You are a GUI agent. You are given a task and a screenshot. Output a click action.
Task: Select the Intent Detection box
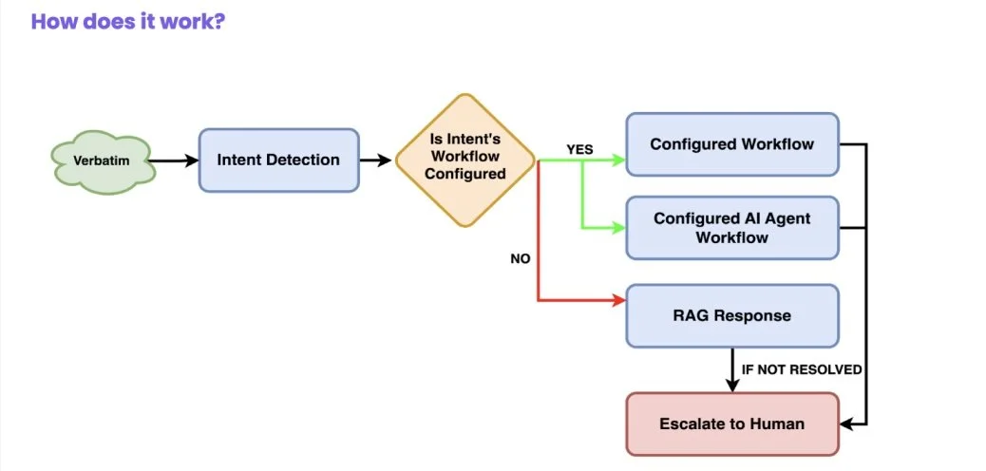click(278, 160)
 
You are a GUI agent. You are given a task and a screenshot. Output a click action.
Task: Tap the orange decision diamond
click(465, 160)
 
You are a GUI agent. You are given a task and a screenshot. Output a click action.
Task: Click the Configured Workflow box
click(731, 144)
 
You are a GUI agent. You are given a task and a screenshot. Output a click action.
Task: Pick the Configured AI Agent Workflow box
click(731, 228)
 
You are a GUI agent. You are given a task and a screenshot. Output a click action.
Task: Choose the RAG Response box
click(731, 315)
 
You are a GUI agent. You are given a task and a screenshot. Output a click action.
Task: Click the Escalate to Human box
click(731, 424)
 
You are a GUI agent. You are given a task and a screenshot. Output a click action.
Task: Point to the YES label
click(579, 150)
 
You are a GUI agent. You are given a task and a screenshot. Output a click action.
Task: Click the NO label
click(521, 258)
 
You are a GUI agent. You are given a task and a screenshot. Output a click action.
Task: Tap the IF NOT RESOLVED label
click(801, 369)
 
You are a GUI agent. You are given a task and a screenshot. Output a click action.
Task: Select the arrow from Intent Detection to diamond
click(376, 160)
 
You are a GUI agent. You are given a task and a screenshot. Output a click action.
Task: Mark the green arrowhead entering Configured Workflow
click(619, 160)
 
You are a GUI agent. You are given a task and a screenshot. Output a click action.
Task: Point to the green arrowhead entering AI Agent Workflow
click(619, 228)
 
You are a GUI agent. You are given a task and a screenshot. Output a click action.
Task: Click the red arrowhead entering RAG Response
click(619, 301)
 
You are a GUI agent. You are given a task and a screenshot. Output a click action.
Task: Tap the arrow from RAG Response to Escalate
click(731, 370)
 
